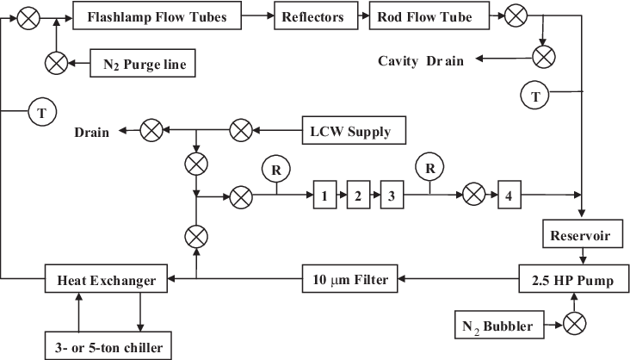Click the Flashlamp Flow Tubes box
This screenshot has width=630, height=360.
(x=157, y=16)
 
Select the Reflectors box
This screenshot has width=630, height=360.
(x=316, y=16)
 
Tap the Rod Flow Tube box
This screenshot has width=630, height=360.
(x=429, y=16)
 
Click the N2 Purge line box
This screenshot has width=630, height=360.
(x=143, y=63)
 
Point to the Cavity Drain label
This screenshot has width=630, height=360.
(x=421, y=61)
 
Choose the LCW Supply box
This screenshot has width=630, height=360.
(x=354, y=130)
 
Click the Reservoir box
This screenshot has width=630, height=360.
(x=583, y=233)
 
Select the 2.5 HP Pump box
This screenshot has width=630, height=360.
(x=574, y=278)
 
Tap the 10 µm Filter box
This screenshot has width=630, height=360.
(x=350, y=278)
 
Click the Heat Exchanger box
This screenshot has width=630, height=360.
(x=106, y=278)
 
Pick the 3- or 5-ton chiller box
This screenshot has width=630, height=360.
(x=108, y=345)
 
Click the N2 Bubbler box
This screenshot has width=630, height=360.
(x=499, y=325)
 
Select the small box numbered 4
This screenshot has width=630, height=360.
(x=510, y=195)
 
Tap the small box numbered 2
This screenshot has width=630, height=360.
(x=358, y=195)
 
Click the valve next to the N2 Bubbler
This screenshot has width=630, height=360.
(x=575, y=323)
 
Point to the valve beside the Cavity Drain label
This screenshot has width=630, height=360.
(x=544, y=57)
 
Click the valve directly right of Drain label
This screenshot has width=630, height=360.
(x=151, y=130)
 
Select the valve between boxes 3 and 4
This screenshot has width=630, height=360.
(x=474, y=195)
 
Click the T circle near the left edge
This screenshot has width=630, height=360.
(x=42, y=112)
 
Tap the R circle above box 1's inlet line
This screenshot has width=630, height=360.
(x=276, y=170)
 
